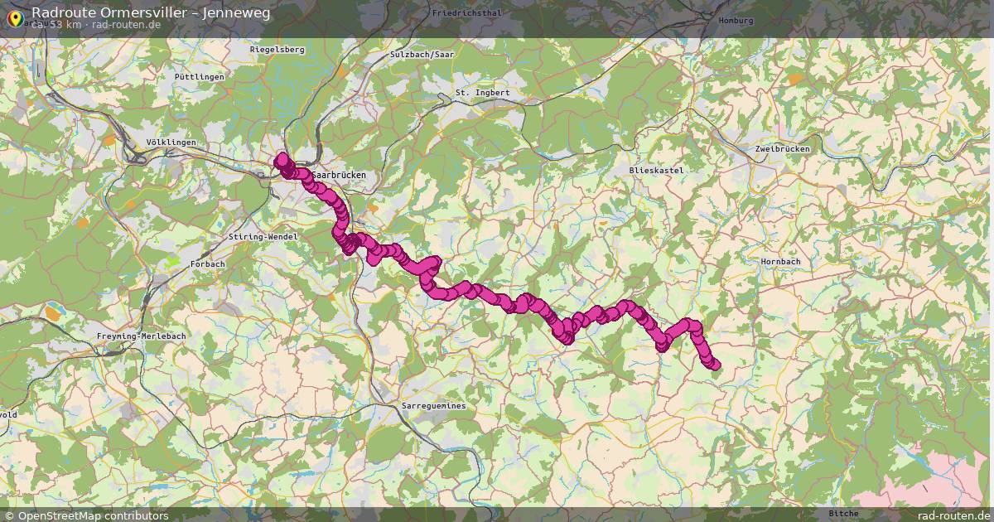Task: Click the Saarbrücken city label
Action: tap(340, 176)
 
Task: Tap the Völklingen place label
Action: tap(171, 143)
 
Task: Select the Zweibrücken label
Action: tap(782, 149)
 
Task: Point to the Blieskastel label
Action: tap(656, 170)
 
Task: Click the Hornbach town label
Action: tap(780, 262)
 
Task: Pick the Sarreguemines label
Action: tap(433, 407)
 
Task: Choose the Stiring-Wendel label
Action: tap(262, 237)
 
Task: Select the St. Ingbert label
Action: tap(482, 93)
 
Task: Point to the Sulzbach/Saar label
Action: tap(422, 55)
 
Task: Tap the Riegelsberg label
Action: tap(277, 50)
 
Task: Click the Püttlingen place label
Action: tap(199, 77)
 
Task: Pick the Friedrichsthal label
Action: tap(467, 14)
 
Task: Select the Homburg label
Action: tap(736, 21)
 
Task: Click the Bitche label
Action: tap(843, 514)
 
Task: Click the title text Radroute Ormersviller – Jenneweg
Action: tap(151, 12)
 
